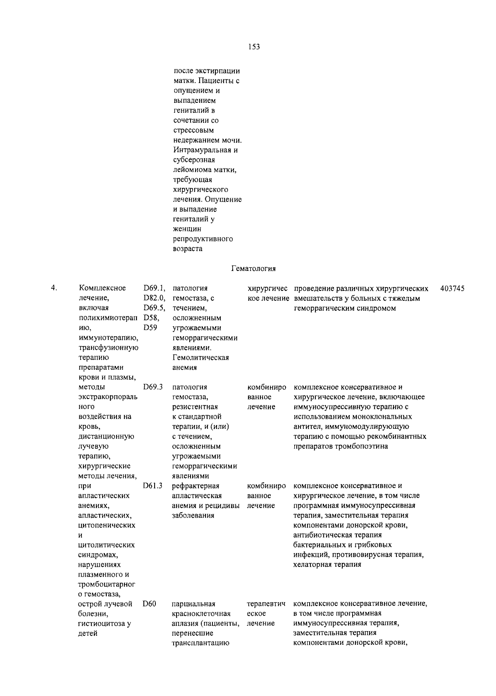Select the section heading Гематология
(x=253, y=268)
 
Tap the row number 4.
(x=53, y=288)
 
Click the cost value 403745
(x=452, y=288)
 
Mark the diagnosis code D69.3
(x=153, y=387)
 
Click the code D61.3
(x=153, y=486)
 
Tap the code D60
(x=149, y=604)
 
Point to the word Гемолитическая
(x=200, y=358)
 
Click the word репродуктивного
(x=203, y=239)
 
